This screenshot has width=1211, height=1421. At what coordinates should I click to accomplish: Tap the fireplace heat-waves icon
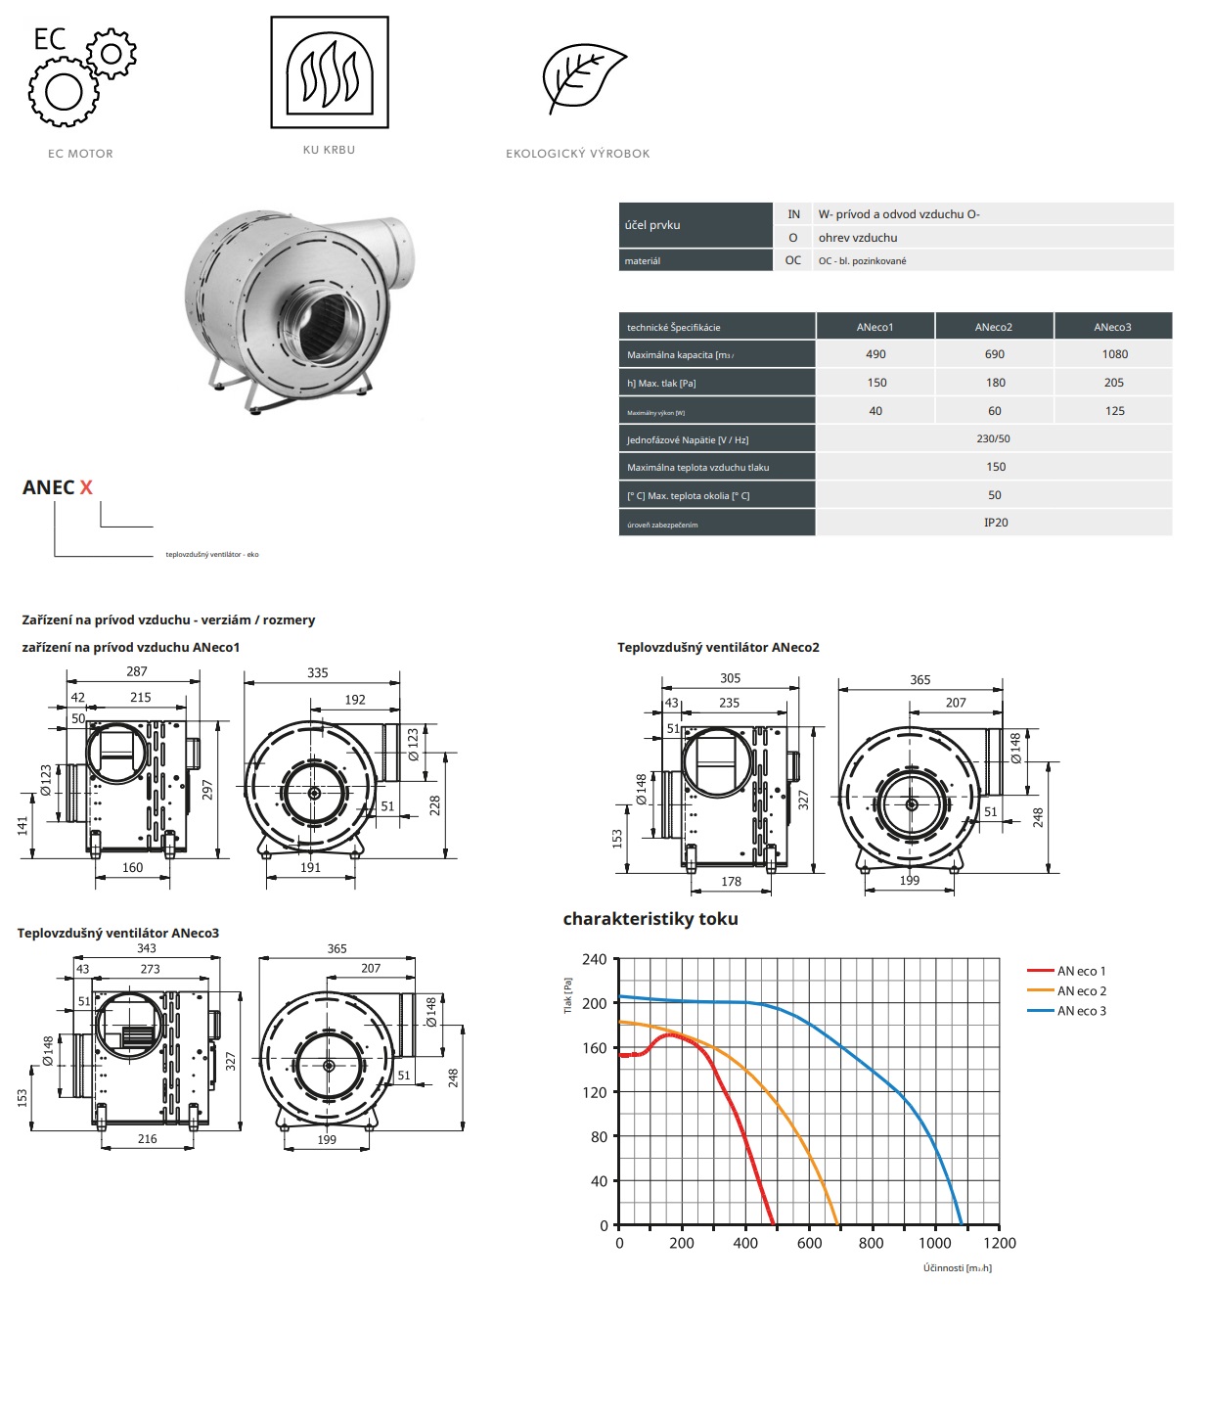coord(330,72)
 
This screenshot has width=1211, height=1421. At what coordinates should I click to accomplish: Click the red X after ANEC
coord(86,487)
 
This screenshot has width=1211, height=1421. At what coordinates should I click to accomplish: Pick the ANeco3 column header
coord(1112,327)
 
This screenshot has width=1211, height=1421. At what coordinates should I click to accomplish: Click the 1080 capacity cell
coord(1114,354)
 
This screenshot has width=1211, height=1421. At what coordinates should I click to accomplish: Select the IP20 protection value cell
coord(995,523)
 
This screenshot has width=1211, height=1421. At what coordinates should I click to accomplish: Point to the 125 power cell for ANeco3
coord(1114,411)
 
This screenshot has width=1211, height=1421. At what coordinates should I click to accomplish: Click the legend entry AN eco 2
coord(1081,991)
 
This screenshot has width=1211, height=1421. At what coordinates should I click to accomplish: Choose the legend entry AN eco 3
coord(1081,1011)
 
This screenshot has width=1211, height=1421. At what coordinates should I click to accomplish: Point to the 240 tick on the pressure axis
coord(594,960)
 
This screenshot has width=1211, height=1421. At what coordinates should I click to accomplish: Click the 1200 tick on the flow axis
coord(999,1243)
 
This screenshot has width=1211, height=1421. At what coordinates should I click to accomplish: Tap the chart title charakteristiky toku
coord(650,919)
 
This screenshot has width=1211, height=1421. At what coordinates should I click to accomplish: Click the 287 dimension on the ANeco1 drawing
coord(137,671)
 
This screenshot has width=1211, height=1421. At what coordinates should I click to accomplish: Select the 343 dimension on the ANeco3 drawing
coord(147,948)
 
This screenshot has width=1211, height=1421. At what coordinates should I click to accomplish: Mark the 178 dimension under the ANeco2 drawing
coord(731,882)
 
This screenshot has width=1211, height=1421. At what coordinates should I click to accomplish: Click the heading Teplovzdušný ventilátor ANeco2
coord(718,647)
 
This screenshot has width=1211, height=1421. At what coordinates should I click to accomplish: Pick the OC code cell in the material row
coord(792,260)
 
